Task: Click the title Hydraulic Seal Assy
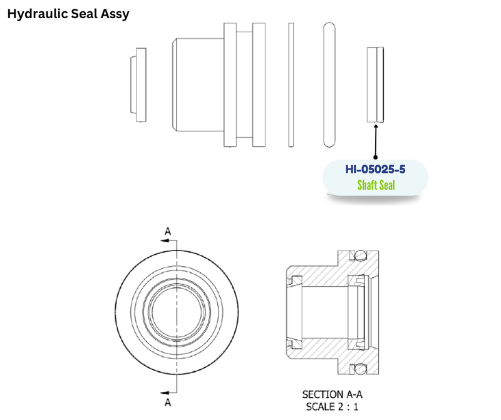(x=68, y=14)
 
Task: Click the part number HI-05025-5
(x=375, y=169)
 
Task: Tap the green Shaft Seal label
(x=376, y=185)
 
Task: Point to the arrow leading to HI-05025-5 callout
(x=376, y=141)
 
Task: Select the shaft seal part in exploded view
(x=375, y=85)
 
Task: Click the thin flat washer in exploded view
(x=291, y=85)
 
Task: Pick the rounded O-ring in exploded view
(x=329, y=85)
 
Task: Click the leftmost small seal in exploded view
(x=138, y=85)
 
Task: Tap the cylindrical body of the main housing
(x=198, y=85)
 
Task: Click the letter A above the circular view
(x=167, y=231)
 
